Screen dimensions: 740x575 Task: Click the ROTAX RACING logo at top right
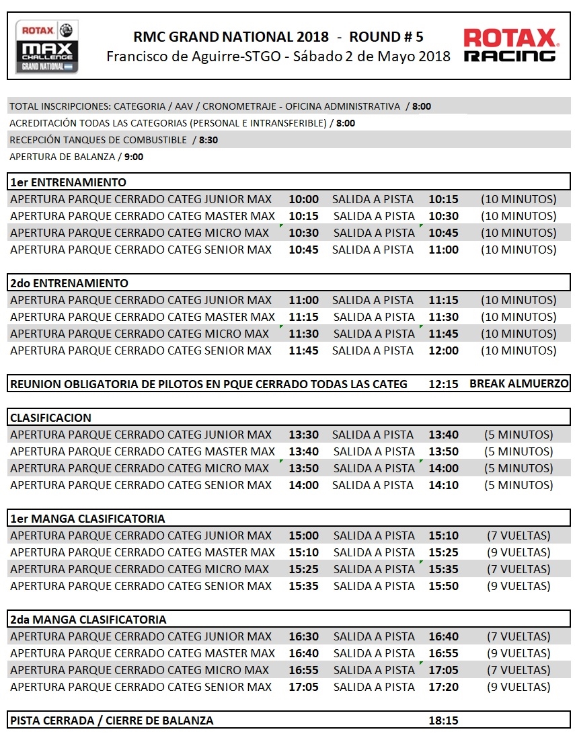tap(511, 46)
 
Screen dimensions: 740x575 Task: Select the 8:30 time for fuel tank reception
tap(208, 140)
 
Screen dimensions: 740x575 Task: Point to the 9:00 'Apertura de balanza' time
tap(134, 157)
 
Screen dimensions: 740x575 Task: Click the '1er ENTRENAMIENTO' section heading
tap(68, 182)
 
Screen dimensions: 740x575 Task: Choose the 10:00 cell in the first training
tap(303, 199)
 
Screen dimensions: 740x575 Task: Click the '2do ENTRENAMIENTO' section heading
tap(69, 283)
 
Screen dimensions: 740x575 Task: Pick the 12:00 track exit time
tap(443, 350)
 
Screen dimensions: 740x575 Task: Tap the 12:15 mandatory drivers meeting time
tap(443, 384)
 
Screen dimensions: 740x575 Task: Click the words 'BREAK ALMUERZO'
tap(519, 384)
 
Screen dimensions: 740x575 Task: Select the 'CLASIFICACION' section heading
tap(50, 418)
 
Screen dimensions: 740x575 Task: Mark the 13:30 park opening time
tap(303, 435)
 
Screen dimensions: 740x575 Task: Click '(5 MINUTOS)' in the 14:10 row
tap(519, 485)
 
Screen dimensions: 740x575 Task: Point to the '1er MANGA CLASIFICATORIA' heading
tap(87, 519)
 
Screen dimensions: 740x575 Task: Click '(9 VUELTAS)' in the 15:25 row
tap(519, 552)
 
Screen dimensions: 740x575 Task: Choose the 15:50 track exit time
tap(443, 586)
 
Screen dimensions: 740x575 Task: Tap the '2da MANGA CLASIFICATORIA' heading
tap(88, 620)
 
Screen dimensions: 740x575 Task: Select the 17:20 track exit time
tap(443, 687)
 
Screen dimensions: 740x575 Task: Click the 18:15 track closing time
tap(443, 720)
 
